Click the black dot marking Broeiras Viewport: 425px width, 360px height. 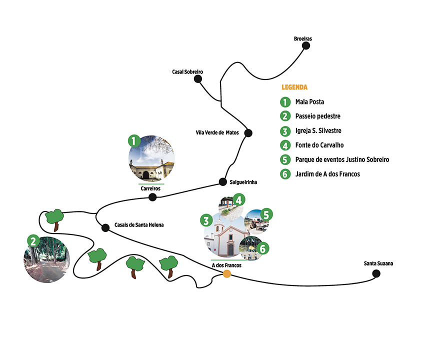click(306, 45)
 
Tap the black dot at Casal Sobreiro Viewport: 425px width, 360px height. click(198, 78)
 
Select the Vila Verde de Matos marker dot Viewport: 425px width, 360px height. click(248, 133)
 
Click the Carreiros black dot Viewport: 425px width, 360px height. click(152, 197)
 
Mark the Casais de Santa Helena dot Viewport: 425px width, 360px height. click(105, 228)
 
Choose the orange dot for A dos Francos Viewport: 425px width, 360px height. click(226, 273)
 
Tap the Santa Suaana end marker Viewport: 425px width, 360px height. click(376, 273)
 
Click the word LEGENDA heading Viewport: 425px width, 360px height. click(294, 87)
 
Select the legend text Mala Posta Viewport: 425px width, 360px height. click(310, 102)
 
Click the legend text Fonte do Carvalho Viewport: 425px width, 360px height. click(319, 145)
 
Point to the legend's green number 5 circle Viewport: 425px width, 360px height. click(285, 160)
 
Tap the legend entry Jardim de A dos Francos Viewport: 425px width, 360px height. click(327, 174)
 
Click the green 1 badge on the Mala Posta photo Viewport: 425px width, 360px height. click(133, 140)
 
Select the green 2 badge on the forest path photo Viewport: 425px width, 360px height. click(32, 240)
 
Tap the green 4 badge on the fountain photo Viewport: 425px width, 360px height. click(239, 200)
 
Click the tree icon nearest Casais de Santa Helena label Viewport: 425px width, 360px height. click(54, 218)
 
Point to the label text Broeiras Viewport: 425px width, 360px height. click(303, 38)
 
